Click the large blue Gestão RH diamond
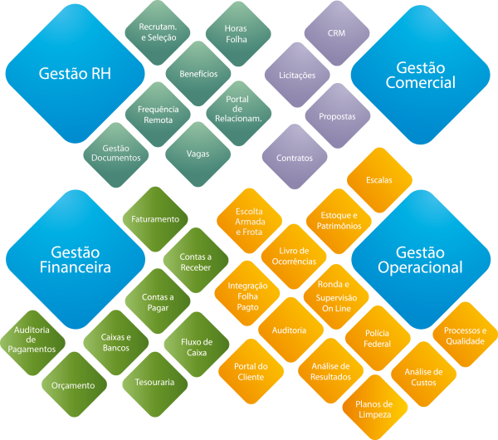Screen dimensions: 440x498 [x=75, y=73]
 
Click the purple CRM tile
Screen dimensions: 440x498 [x=336, y=33]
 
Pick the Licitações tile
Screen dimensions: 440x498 [x=296, y=75]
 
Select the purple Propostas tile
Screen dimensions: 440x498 [x=337, y=116]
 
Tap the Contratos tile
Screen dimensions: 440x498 [x=294, y=157]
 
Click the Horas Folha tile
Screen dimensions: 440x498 [x=236, y=33]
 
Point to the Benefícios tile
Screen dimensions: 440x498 [x=198, y=73]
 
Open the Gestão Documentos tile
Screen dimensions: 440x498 [x=116, y=154]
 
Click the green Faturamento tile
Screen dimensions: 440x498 [x=155, y=219]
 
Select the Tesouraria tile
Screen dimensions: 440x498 [x=154, y=383]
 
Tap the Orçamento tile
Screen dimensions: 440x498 [x=75, y=384]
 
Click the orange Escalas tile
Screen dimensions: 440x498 [x=378, y=179]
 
